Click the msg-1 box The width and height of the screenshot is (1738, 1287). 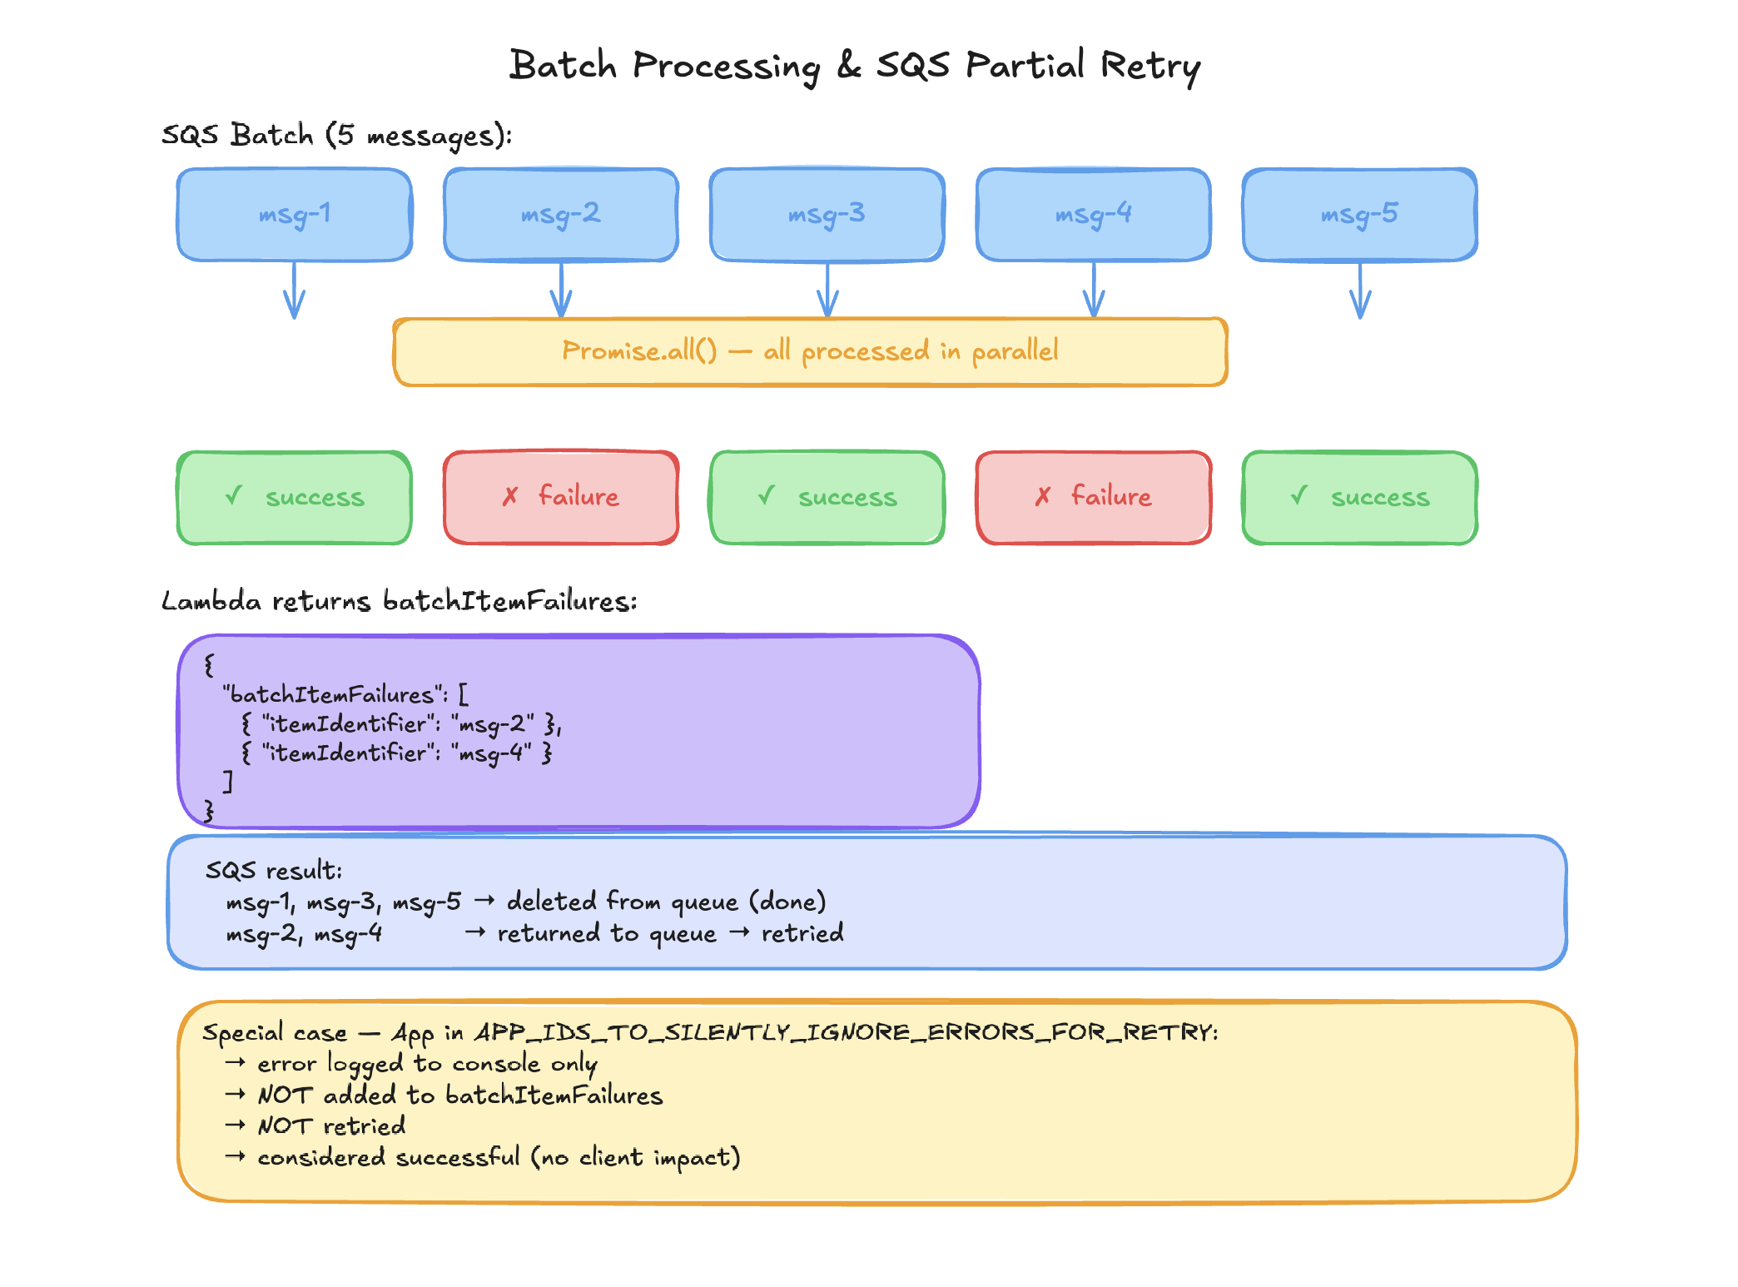click(x=295, y=215)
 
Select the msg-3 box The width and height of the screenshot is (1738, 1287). click(x=827, y=215)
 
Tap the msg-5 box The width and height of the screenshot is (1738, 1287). click(x=1359, y=215)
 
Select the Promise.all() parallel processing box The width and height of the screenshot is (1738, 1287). click(x=810, y=351)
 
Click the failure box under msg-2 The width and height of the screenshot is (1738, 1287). click(x=561, y=497)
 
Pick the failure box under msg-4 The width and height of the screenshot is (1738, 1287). click(x=1094, y=497)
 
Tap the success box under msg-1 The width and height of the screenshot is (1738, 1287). click(x=295, y=497)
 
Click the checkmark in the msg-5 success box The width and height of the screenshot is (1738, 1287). click(x=1299, y=496)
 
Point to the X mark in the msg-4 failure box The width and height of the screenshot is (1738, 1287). click(x=1043, y=497)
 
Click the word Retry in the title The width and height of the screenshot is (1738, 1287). click(x=1150, y=67)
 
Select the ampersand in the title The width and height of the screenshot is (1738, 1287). click(x=848, y=65)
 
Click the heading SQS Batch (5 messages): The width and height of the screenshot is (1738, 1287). click(x=336, y=135)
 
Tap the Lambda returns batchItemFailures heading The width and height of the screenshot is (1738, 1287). click(x=399, y=601)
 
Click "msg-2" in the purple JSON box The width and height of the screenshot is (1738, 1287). click(x=496, y=724)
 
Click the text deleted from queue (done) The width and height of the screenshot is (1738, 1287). click(x=666, y=902)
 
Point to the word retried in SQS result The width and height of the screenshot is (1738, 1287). click(x=802, y=933)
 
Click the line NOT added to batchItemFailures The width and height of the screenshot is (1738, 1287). click(x=459, y=1096)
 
